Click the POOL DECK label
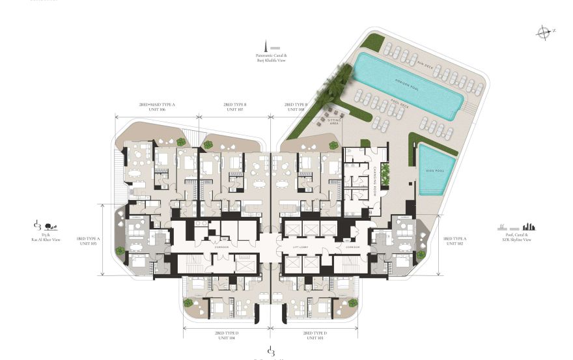click(x=400, y=104)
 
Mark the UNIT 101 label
click(x=315, y=338)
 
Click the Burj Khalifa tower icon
click(x=266, y=46)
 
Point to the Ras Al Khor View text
click(x=47, y=240)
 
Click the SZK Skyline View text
click(x=518, y=240)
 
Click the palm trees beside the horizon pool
click(x=337, y=83)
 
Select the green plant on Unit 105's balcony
click(x=120, y=250)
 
